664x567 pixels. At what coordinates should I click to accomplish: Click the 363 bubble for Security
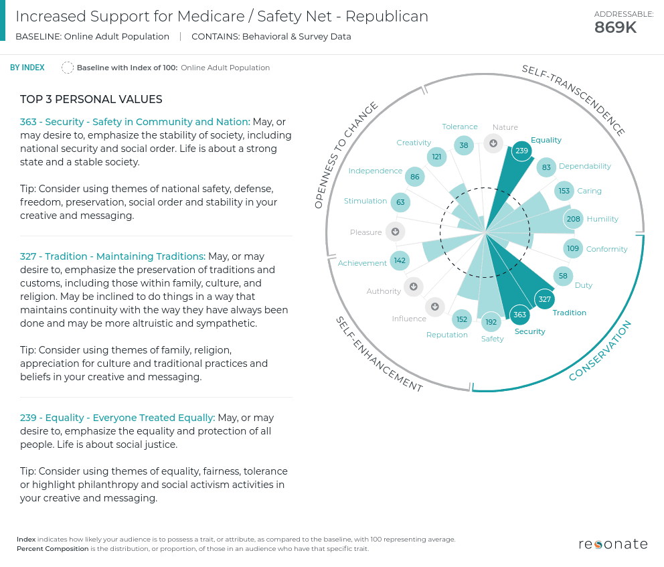pyautogui.click(x=520, y=315)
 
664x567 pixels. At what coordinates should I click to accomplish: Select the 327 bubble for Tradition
pyautogui.click(x=544, y=299)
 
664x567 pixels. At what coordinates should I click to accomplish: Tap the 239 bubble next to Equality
pyautogui.click(x=521, y=151)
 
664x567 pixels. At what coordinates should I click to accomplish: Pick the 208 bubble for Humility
pyautogui.click(x=573, y=219)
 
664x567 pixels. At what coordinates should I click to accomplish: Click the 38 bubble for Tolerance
pyautogui.click(x=463, y=145)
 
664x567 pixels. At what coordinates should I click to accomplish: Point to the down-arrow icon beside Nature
pyautogui.click(x=493, y=143)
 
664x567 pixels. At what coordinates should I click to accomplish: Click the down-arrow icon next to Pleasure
pyautogui.click(x=395, y=232)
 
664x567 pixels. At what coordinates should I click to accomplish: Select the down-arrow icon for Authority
pyautogui.click(x=413, y=287)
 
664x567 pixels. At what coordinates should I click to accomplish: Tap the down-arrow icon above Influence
pyautogui.click(x=434, y=307)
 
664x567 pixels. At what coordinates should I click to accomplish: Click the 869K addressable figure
pyautogui.click(x=615, y=27)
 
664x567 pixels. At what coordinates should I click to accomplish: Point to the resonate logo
pyautogui.click(x=612, y=544)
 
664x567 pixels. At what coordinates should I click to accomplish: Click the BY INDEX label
pyautogui.click(x=27, y=68)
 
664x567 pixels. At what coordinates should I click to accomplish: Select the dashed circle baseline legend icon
pyautogui.click(x=67, y=68)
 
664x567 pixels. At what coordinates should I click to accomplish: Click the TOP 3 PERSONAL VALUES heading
pyautogui.click(x=91, y=100)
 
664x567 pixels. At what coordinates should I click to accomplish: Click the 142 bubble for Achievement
pyautogui.click(x=400, y=261)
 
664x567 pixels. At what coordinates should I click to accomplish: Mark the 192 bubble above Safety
pyautogui.click(x=491, y=322)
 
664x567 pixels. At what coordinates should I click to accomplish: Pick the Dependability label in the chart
pyautogui.click(x=584, y=166)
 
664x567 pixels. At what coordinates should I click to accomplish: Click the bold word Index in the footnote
pyautogui.click(x=26, y=540)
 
